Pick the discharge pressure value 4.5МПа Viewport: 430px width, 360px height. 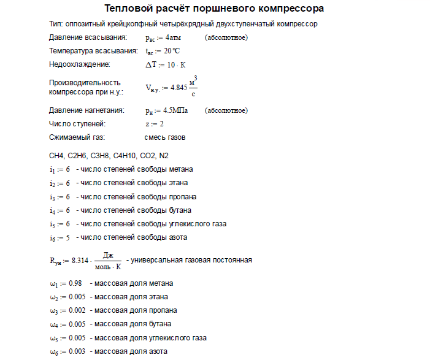coord(175,111)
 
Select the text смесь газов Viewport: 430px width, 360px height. coord(165,137)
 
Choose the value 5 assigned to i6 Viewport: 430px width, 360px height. coord(67,237)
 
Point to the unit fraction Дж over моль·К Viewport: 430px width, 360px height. coord(109,260)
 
